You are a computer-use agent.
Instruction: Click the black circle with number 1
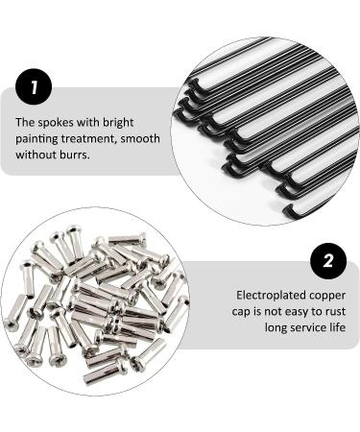(x=34, y=89)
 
